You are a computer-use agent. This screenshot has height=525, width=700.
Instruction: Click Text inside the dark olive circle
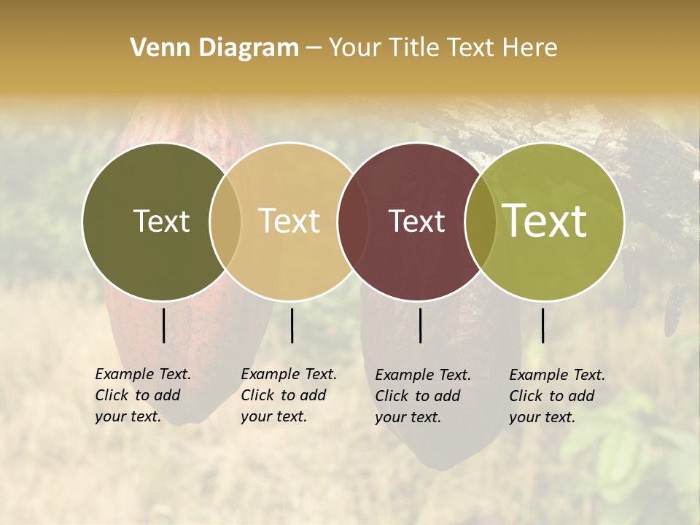click(161, 221)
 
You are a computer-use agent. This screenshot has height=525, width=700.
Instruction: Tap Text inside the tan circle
click(289, 221)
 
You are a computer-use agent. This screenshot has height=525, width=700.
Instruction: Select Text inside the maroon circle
click(416, 221)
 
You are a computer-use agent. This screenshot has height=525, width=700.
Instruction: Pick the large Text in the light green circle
click(545, 221)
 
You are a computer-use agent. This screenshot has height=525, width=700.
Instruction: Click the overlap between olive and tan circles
click(225, 221)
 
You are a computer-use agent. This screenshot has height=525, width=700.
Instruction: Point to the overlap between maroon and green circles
click(480, 221)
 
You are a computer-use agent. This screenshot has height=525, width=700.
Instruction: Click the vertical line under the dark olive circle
click(163, 325)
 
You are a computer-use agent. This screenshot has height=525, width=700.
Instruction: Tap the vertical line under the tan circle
click(292, 325)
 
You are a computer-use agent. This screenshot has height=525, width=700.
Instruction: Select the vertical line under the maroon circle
click(420, 325)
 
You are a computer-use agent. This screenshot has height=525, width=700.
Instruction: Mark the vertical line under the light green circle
click(542, 325)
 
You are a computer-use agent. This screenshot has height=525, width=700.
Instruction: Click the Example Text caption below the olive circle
click(142, 395)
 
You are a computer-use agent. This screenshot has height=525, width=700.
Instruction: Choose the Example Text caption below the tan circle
click(288, 395)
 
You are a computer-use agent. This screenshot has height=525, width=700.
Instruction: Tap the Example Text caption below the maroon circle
click(422, 396)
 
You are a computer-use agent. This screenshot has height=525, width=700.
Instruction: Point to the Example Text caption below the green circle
click(556, 396)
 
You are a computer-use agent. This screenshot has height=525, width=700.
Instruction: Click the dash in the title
click(314, 48)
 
